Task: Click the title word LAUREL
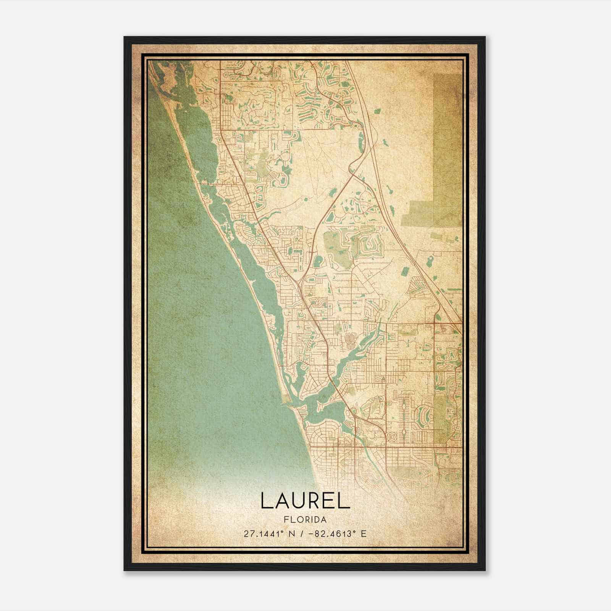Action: (x=305, y=501)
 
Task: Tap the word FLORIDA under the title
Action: (x=305, y=520)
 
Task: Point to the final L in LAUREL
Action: (x=344, y=501)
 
